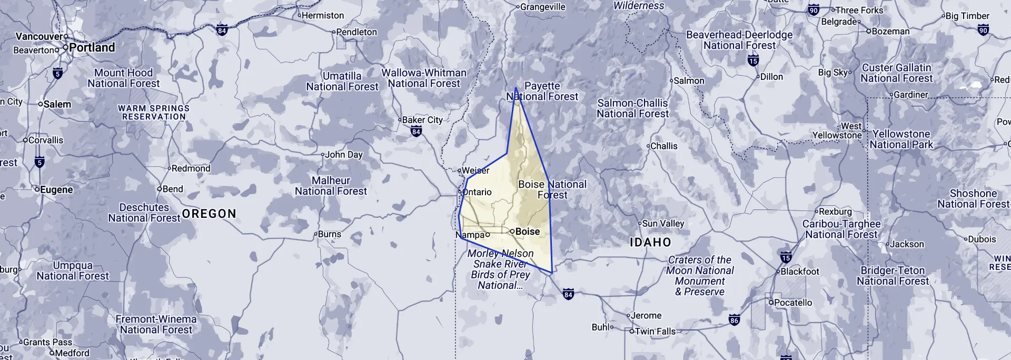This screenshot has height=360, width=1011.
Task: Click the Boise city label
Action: tap(527, 232)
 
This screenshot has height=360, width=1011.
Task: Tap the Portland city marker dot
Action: tap(65, 47)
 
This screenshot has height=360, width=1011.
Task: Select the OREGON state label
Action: tap(209, 214)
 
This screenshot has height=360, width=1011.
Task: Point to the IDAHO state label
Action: tap(650, 243)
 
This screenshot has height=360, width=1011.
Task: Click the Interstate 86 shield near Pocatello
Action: tap(734, 320)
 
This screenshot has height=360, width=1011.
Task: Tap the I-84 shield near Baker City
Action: tap(416, 132)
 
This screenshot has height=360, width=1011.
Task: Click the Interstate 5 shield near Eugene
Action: tap(39, 163)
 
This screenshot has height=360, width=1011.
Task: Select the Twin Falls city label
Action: tap(655, 332)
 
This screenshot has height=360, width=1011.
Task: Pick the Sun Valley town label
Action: tap(663, 224)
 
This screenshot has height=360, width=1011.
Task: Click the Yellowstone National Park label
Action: tap(901, 139)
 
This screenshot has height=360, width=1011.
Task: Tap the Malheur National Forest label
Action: tap(331, 186)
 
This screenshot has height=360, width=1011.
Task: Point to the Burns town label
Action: tap(329, 234)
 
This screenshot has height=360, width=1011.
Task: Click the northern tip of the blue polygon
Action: tap(516, 88)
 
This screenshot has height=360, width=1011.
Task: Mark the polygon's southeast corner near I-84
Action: tap(551, 273)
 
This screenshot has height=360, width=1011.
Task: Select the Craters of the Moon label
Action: tap(700, 275)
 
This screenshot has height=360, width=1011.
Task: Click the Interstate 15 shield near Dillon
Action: tap(753, 61)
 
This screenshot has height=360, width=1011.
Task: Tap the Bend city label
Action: tap(173, 189)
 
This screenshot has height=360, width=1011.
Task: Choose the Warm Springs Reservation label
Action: tap(154, 112)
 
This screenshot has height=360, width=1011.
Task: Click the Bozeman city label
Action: tap(890, 32)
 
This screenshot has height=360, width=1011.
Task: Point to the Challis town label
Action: tap(663, 146)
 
